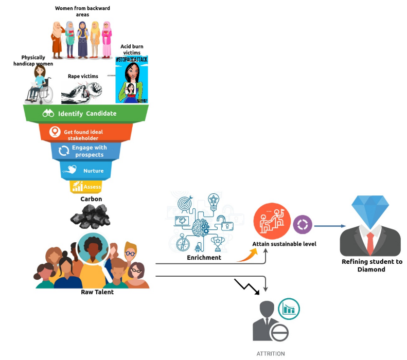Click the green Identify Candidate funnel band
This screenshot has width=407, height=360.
[86, 113]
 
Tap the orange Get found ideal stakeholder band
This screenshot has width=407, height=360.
[86, 133]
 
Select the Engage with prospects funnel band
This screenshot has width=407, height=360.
[86, 151]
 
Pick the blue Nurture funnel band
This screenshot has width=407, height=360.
[86, 170]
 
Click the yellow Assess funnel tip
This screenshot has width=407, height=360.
[86, 187]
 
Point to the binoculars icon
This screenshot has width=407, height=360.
[49, 114]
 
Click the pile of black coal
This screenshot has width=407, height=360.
[91, 215]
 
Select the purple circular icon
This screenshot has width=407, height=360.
[302, 225]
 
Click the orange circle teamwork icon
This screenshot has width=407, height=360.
[271, 222]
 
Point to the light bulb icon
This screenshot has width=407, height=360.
[214, 200]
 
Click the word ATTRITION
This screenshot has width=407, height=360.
[270, 354]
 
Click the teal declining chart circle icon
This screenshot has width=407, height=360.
[289, 308]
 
